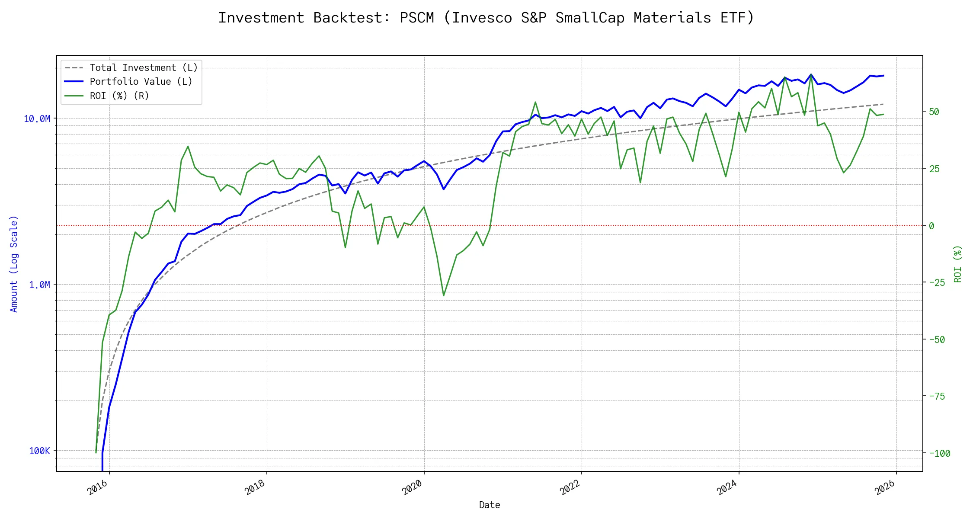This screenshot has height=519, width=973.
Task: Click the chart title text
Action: point(486,18)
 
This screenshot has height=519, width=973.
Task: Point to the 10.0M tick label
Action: point(37,119)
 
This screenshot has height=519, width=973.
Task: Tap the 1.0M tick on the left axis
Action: point(39,285)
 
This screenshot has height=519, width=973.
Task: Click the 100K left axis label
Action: point(39,451)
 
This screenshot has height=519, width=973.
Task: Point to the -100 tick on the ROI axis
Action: point(940,453)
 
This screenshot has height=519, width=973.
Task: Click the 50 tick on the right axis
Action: point(934,112)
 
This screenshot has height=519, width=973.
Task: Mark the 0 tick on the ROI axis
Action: point(931,226)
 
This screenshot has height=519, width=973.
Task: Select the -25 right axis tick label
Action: point(937,282)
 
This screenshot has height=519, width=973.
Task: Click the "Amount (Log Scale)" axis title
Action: point(14,264)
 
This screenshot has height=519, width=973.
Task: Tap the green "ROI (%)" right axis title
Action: point(958,264)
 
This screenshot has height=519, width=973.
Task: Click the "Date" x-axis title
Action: point(490,505)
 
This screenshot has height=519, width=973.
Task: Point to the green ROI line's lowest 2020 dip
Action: point(444,296)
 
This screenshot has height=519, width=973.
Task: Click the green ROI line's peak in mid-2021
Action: point(535,102)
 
